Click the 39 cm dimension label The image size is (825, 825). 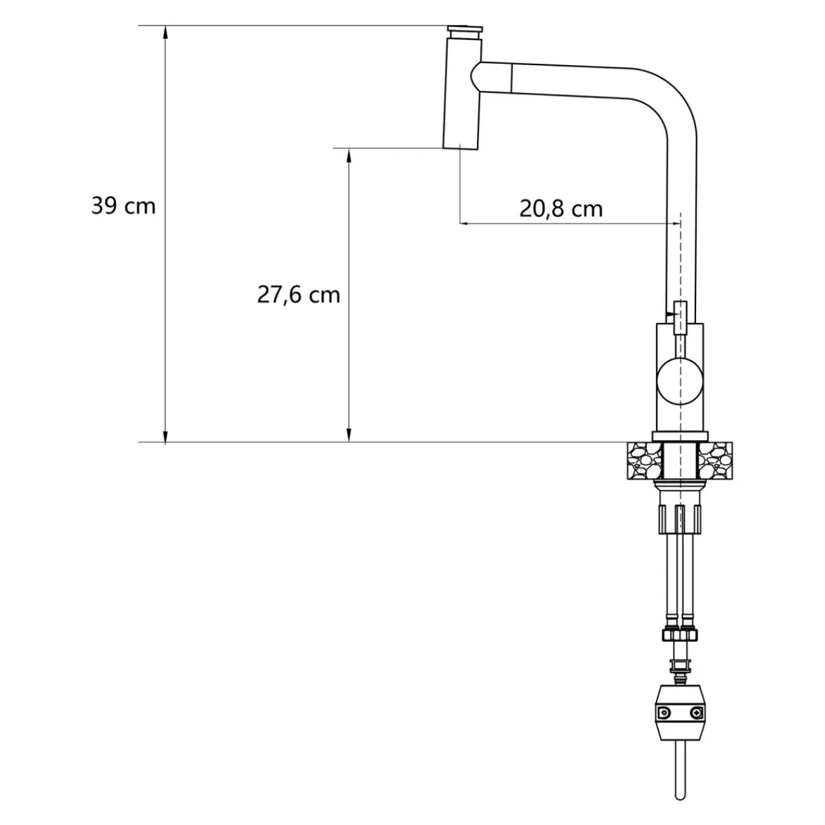point(123,206)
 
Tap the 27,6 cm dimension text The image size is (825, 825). point(298,295)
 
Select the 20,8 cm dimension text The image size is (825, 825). point(561,209)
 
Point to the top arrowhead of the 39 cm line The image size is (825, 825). point(166,32)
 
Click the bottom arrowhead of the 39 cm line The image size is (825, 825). point(166,435)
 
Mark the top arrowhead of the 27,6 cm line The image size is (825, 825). point(349,155)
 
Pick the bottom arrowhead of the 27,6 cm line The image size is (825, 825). point(349,435)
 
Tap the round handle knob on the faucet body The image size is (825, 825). point(680,382)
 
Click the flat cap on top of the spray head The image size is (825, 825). point(465,30)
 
